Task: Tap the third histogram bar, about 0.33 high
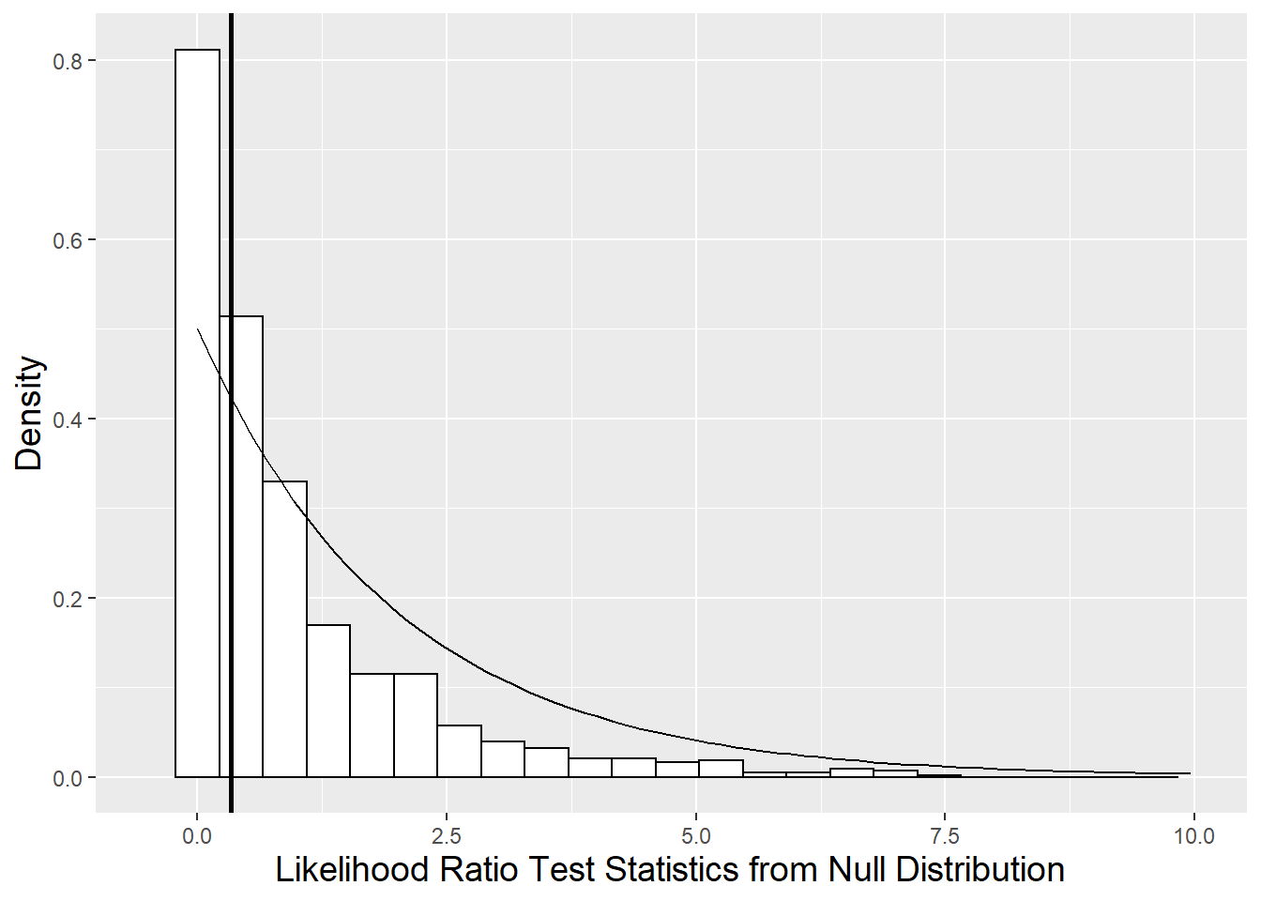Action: click(x=284, y=629)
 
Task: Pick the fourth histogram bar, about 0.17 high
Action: click(x=328, y=701)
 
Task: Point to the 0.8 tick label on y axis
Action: click(x=68, y=61)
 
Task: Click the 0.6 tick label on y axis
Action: click(x=68, y=240)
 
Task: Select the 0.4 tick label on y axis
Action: click(x=68, y=420)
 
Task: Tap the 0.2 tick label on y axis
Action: click(x=68, y=599)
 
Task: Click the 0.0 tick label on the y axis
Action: click(x=68, y=778)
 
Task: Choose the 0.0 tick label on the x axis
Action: click(x=197, y=836)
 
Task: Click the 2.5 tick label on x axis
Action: click(x=447, y=836)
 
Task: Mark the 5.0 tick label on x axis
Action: click(x=695, y=836)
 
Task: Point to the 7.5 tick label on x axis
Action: click(x=945, y=836)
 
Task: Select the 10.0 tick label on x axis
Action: click(x=1193, y=836)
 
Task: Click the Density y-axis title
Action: click(x=29, y=413)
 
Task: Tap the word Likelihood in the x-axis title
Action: click(x=352, y=870)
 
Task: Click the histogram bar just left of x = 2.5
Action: click(x=416, y=725)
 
